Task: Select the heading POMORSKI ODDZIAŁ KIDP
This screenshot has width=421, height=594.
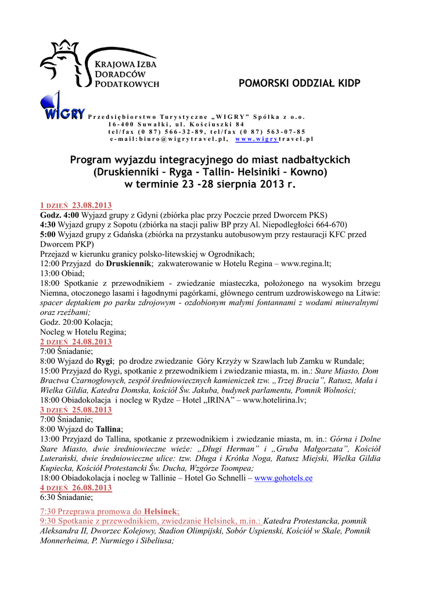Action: pos(299,84)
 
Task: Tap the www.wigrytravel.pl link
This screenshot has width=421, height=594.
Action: pos(274,139)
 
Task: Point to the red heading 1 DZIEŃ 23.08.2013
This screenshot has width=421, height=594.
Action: pos(76,206)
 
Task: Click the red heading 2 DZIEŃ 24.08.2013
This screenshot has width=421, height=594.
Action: pos(76,342)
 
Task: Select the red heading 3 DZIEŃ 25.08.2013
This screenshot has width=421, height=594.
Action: pos(76,410)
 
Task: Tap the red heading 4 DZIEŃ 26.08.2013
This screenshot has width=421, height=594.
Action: pos(76,488)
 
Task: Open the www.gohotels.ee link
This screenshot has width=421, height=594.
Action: pos(283,479)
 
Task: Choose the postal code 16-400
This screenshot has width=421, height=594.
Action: pos(120,124)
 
